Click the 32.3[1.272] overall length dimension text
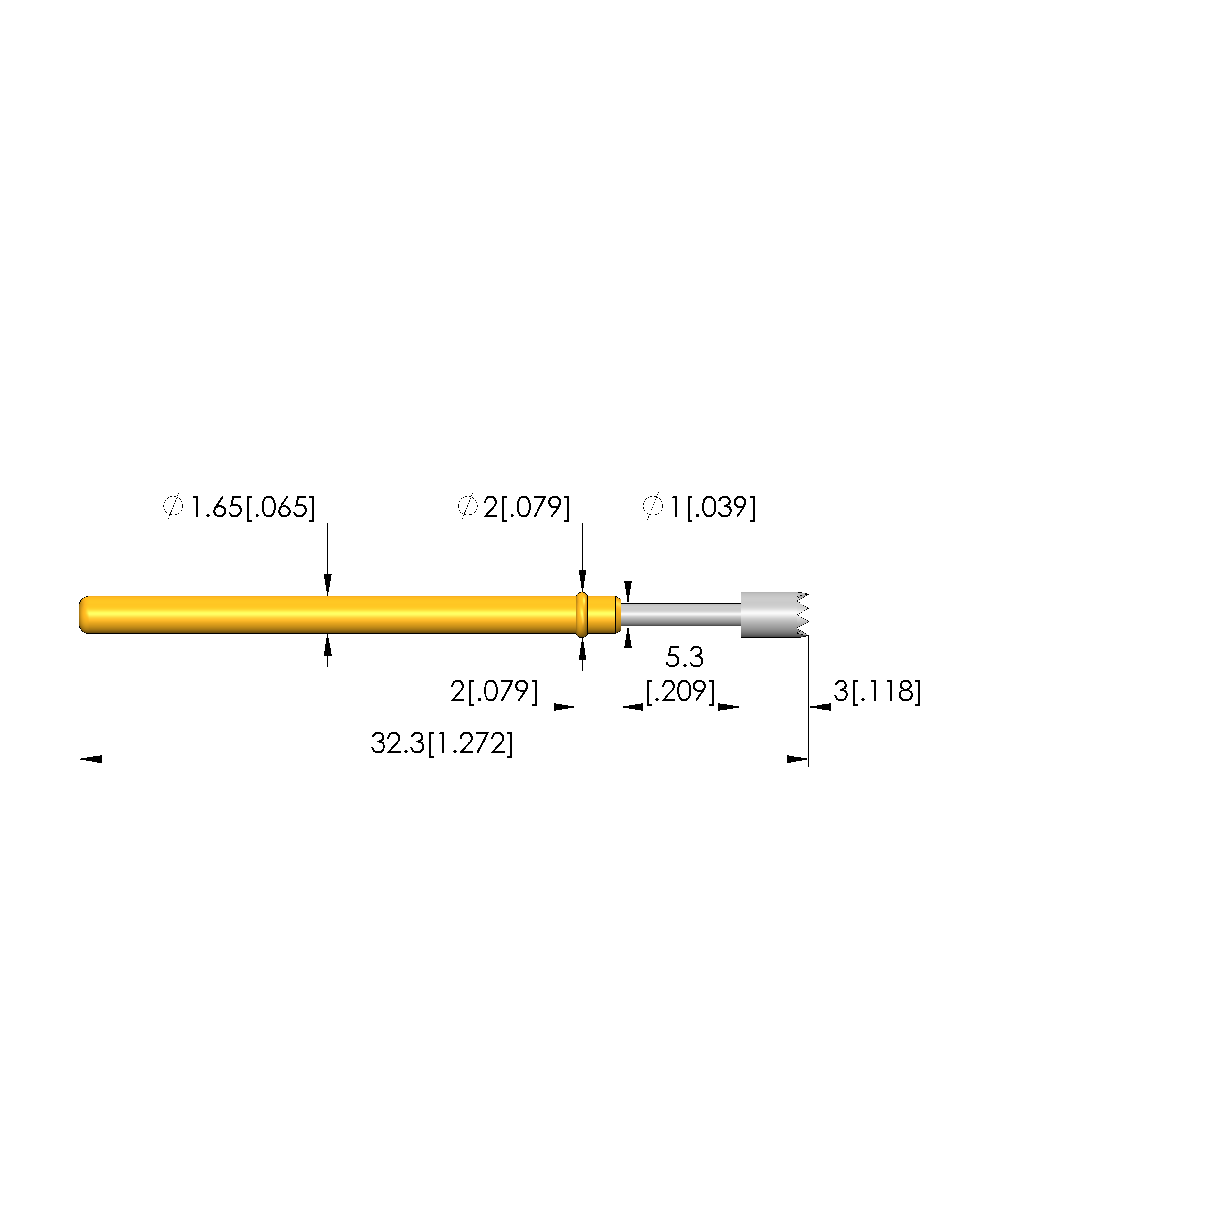click(442, 743)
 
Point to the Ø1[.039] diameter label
click(699, 507)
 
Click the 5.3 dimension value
click(685, 658)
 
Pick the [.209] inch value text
click(681, 691)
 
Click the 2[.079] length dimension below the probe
click(494, 691)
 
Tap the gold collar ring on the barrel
click(581, 614)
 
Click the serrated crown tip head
click(773, 614)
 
